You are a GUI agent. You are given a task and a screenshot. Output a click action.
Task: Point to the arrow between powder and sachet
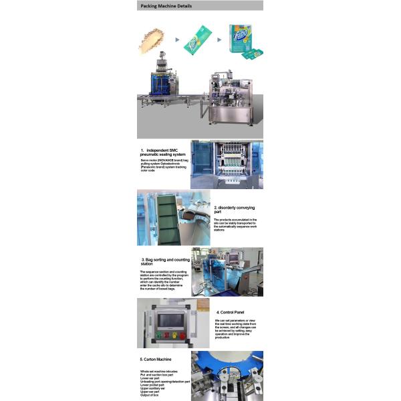point(176,39)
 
